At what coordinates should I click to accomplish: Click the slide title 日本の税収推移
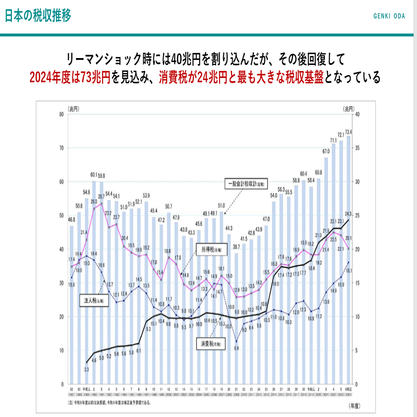point(38,16)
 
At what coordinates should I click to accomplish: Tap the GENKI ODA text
point(389,16)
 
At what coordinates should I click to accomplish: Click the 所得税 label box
point(212,250)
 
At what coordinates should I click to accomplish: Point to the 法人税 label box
point(94,300)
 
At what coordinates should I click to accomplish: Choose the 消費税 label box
point(211,344)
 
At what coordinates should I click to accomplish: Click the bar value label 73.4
point(348,132)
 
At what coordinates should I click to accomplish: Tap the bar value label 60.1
point(94,175)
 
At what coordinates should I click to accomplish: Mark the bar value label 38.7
point(236,247)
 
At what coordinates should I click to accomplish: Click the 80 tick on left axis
point(62,114)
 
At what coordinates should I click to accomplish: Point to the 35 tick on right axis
point(357,148)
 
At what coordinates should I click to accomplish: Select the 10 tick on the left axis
point(62,351)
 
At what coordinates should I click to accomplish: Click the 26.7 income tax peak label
point(101,197)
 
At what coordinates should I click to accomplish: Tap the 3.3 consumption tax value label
point(87,369)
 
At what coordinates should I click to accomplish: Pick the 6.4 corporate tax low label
point(236,348)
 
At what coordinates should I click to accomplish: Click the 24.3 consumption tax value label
point(348,214)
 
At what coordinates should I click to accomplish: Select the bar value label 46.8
point(71,219)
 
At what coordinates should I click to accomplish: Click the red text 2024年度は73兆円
point(70,77)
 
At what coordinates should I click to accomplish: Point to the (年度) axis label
point(355,406)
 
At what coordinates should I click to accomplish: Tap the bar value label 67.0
point(326,151)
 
